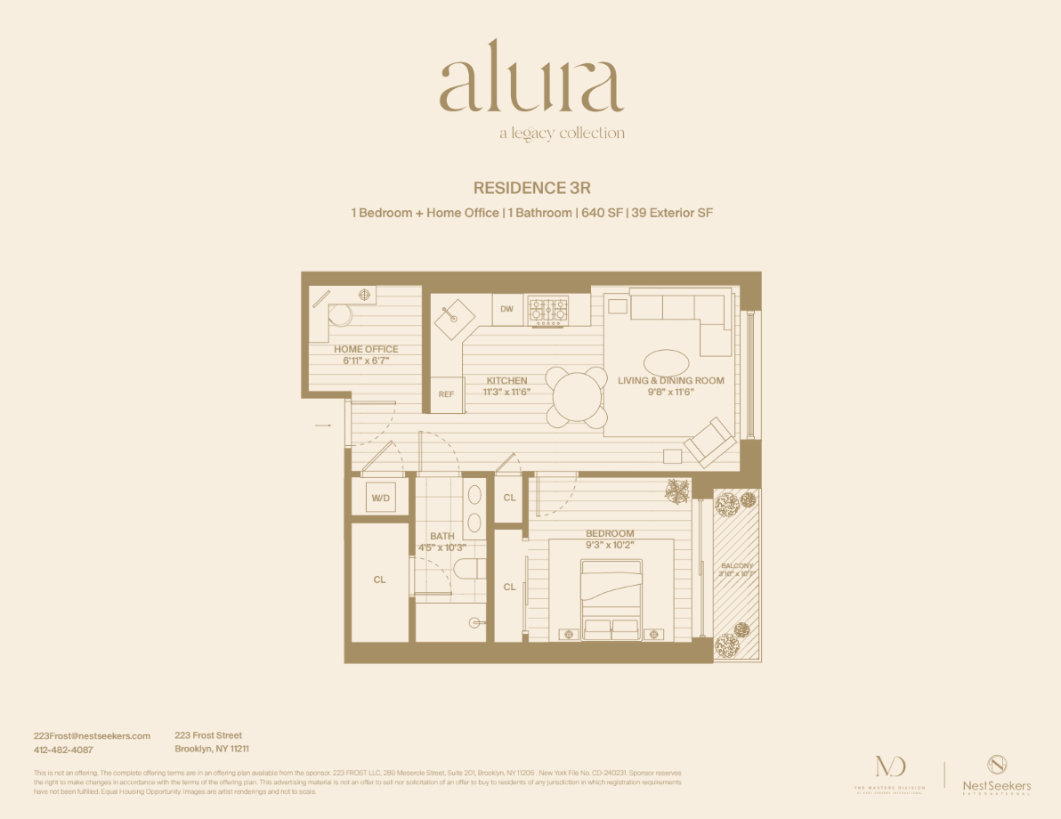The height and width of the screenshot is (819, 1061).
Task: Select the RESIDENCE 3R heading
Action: [530, 188]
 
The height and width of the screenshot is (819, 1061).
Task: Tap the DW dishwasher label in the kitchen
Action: [506, 309]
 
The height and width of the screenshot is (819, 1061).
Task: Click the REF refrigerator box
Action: [446, 394]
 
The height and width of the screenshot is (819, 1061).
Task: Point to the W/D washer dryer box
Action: [380, 498]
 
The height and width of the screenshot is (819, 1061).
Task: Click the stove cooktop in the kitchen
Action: [548, 309]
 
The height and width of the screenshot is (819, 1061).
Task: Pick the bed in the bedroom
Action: [611, 598]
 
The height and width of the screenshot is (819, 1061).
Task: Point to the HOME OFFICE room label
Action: [366, 349]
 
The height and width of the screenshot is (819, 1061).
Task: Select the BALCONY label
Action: [736, 566]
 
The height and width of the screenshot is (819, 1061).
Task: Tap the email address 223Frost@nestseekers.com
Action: [92, 736]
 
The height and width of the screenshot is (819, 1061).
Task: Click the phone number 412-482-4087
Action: [63, 750]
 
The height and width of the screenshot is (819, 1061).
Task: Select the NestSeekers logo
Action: [997, 773]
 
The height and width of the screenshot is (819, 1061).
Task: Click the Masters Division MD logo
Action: [889, 771]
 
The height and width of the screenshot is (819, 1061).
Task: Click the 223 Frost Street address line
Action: [208, 735]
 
